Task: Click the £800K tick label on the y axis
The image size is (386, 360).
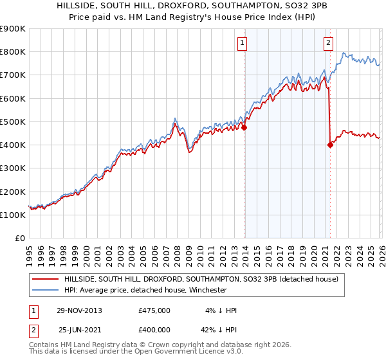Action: pos(12,52)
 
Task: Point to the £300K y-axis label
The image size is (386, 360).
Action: pos(12,168)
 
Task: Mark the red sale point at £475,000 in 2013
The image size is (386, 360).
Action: pos(244,127)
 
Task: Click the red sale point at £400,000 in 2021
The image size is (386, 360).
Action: pos(330,145)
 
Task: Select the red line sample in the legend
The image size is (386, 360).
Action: pos(46,279)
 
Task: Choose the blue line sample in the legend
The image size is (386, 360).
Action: pos(46,290)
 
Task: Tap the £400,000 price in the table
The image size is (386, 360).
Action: pos(154,329)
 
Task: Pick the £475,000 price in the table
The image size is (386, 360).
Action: pos(154,310)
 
